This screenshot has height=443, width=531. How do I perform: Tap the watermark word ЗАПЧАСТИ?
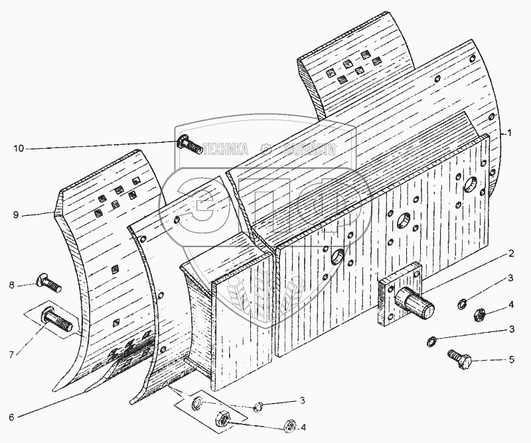309,150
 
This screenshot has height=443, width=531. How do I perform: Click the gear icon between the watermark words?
266,149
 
